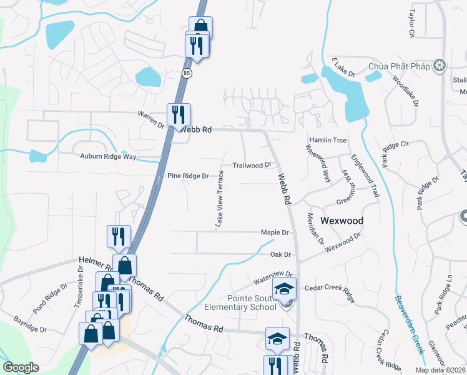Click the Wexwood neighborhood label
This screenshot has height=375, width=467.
(342, 221)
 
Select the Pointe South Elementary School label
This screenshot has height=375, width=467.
(240, 301)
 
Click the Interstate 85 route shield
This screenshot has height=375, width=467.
(187, 74)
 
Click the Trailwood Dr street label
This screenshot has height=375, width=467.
(252, 165)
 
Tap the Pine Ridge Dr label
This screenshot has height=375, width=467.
(187, 176)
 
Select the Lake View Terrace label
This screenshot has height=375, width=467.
(219, 197)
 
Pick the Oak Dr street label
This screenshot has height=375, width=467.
(280, 254)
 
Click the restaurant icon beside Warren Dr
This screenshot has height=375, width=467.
(179, 114)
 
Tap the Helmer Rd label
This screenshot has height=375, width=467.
(94, 260)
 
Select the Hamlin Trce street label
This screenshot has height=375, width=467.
(327, 141)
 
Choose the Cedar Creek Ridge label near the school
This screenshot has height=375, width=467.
(329, 288)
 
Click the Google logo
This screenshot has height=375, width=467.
(21, 367)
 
